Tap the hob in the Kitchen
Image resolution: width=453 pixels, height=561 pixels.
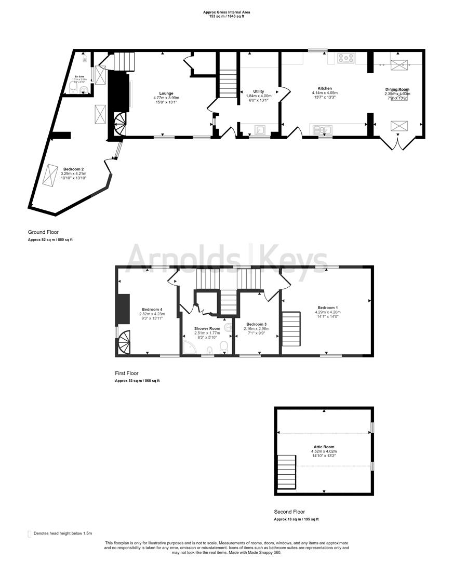point(345,58)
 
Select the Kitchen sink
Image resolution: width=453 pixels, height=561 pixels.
point(321,129)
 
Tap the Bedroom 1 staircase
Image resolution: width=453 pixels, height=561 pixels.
point(291,329)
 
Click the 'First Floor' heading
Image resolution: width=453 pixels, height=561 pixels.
point(127,373)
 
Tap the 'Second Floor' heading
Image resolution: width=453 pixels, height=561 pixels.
point(289,512)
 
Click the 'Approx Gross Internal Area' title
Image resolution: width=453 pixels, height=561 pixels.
point(223,12)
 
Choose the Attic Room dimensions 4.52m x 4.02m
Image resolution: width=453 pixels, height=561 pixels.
point(324,451)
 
